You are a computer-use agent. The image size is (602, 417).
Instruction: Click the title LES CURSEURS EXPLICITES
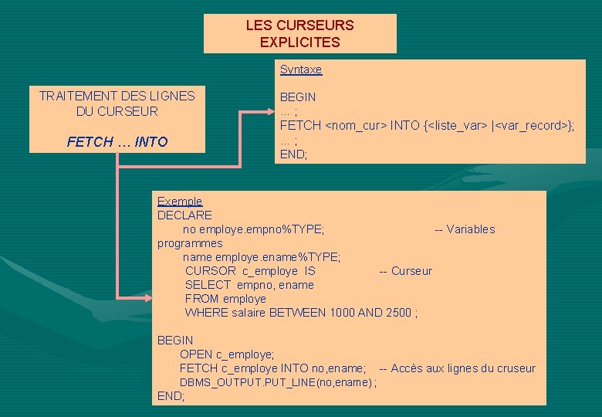[x=299, y=33]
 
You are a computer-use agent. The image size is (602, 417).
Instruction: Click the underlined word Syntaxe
[x=301, y=69]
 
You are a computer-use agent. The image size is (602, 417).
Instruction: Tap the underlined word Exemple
[x=180, y=202]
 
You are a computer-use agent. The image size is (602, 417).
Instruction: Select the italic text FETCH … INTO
[x=117, y=142]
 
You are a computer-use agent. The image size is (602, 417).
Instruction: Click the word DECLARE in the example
[x=184, y=215]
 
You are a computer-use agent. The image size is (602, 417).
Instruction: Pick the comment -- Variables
[x=465, y=229]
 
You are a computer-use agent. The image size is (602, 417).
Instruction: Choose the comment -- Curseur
[x=405, y=271]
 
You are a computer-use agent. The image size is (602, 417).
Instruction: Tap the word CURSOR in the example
[x=211, y=271]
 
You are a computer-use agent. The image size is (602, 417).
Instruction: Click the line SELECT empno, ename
[x=249, y=285]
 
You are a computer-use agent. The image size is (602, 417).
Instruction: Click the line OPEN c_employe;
[x=227, y=354]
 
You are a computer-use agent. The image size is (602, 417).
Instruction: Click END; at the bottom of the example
[x=171, y=396]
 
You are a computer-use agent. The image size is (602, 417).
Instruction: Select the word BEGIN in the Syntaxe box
[x=298, y=97]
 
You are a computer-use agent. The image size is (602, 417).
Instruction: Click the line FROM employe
[x=225, y=299]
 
